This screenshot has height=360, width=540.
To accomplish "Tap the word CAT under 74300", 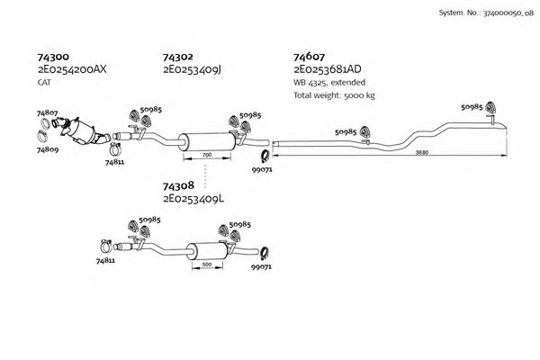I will tap(43, 82).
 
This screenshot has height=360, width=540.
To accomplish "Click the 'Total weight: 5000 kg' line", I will tap(333, 94).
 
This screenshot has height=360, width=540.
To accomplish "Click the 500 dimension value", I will tap(207, 265).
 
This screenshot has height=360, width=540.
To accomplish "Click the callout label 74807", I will tap(48, 113).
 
